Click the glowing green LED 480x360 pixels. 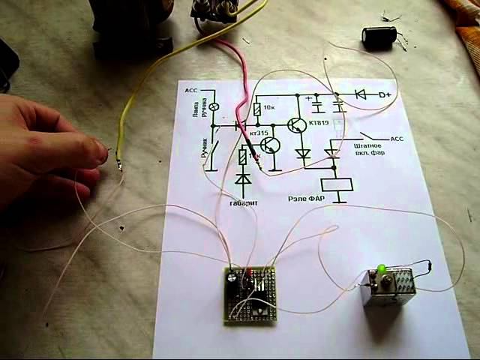coord(382,268)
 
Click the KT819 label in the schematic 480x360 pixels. coord(319,123)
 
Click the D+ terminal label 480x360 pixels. coord(385,95)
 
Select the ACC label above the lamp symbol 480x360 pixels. coord(190,91)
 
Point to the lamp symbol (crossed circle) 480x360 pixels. coord(213,107)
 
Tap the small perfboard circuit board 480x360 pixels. coord(250,295)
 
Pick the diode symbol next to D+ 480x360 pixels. coord(360,95)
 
